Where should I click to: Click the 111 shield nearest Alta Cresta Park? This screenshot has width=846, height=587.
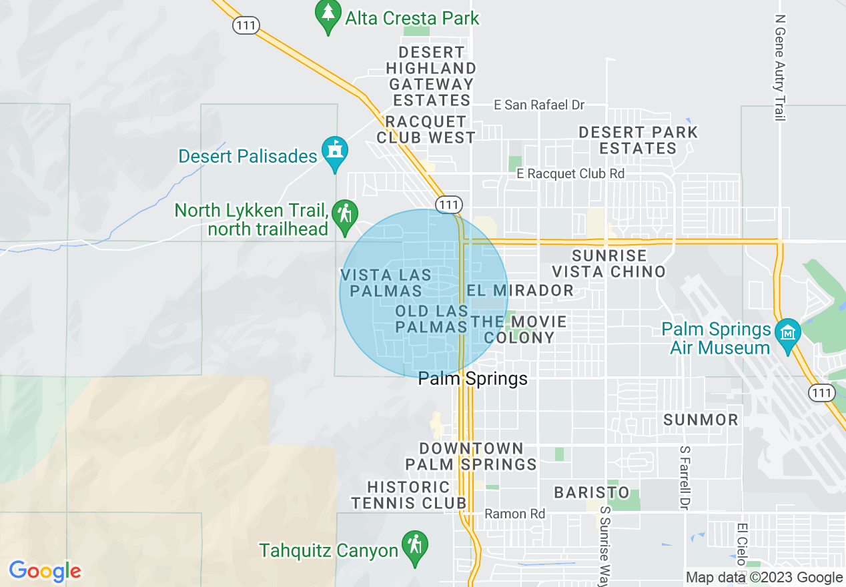click(246, 25)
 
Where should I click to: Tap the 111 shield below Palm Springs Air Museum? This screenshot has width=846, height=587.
click(822, 392)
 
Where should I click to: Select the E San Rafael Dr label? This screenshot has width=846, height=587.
click(539, 105)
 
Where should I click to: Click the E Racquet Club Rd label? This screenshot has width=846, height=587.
click(570, 173)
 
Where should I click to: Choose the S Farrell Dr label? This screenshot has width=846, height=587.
click(684, 478)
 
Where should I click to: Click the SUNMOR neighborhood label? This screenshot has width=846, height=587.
click(701, 420)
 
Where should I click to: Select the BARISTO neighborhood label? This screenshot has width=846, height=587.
click(591, 492)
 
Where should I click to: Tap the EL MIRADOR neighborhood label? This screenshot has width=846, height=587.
click(520, 290)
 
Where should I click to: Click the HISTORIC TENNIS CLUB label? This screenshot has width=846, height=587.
click(409, 495)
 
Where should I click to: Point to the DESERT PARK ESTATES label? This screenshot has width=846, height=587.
click(638, 140)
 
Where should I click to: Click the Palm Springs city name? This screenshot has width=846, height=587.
click(472, 379)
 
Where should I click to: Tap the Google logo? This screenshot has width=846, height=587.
click(45, 571)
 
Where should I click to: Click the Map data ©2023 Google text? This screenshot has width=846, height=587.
click(765, 578)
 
